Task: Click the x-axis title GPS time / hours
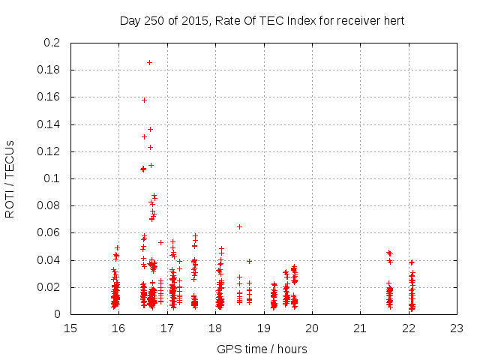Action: pos(262,349)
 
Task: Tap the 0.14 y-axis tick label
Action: pos(50,124)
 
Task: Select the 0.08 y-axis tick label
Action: pos(50,205)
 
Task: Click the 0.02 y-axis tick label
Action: pos(50,287)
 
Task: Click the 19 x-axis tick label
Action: pos(264,328)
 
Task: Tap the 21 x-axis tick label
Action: pos(361,328)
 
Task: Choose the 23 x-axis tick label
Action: pos(457,328)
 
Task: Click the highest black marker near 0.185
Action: pos(149,62)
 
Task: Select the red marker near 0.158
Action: pos(144,100)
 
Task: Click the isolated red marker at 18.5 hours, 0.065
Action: pos(239,226)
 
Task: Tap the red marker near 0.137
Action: pos(150,129)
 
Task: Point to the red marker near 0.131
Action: pos(144,136)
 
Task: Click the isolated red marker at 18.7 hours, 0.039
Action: pos(249,261)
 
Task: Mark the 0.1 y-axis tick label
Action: pos(53,178)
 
